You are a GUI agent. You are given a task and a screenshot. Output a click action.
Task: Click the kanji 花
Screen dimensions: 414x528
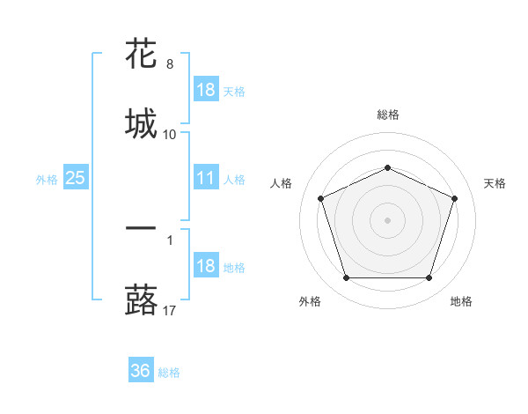pyautogui.click(x=141, y=55)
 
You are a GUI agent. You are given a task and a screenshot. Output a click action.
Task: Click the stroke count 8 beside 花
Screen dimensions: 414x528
pyautogui.click(x=170, y=64)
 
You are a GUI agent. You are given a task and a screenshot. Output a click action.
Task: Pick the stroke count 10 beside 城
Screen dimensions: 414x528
pyautogui.click(x=170, y=134)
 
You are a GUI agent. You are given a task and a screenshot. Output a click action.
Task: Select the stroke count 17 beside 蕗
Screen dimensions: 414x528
pyautogui.click(x=170, y=309)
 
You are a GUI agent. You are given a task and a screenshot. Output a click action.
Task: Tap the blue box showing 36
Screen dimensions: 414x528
pyautogui.click(x=141, y=372)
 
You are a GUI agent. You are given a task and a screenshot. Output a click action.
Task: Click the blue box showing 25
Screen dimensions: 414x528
pyautogui.click(x=75, y=179)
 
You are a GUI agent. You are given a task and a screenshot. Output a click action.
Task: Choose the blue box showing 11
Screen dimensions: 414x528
pyautogui.click(x=206, y=179)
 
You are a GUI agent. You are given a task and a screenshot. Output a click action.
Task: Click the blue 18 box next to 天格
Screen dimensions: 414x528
pyautogui.click(x=206, y=90)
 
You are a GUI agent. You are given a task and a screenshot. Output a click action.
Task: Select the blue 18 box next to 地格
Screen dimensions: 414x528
pyautogui.click(x=206, y=267)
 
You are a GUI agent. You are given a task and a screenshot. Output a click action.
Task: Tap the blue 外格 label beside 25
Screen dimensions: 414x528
pyautogui.click(x=47, y=180)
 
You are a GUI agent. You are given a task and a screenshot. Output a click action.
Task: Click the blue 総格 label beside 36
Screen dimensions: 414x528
pyautogui.click(x=169, y=373)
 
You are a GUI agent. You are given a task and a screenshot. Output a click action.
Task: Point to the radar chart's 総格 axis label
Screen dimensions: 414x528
pyautogui.click(x=387, y=115)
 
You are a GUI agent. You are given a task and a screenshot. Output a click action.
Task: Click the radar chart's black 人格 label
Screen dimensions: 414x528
pyautogui.click(x=282, y=183)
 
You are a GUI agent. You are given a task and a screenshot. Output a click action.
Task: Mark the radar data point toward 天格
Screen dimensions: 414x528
pyautogui.click(x=454, y=198)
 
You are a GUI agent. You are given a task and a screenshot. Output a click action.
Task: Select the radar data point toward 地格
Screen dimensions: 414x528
pyautogui.click(x=429, y=278)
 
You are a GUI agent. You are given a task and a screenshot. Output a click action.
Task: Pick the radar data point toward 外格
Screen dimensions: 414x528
pyautogui.click(x=346, y=278)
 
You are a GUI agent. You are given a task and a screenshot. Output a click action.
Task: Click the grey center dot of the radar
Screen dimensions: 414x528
pyautogui.click(x=387, y=220)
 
